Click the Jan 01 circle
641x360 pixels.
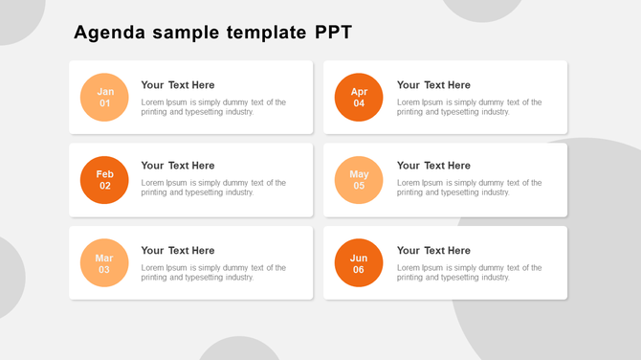pos(104,98)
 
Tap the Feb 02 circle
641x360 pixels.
pos(104,180)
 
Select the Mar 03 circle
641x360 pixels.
pos(104,263)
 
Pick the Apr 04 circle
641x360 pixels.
pos(359,98)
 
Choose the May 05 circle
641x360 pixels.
pos(359,180)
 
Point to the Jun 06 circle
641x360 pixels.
pos(359,263)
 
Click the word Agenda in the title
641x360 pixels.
pos(110,34)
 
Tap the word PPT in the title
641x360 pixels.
pos(333,34)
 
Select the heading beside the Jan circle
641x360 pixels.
pos(178,85)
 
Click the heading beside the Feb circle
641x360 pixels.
pos(178,166)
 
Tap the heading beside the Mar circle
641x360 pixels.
pos(178,251)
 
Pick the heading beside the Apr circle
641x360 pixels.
pos(433,85)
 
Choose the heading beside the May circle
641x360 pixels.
pos(433,166)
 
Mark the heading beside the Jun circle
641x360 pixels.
pos(433,251)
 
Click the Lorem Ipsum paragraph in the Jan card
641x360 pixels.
pos(213,107)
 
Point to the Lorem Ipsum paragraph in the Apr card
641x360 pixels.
pos(469,107)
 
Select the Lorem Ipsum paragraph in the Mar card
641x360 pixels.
pos(213,273)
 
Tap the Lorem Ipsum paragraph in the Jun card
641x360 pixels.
pos(469,273)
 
